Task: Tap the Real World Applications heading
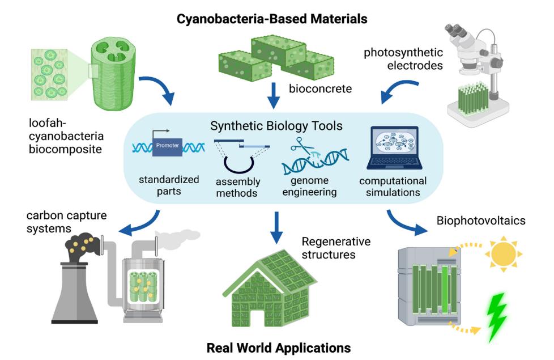point(278,346)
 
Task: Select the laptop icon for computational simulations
point(394,149)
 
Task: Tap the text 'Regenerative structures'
point(336,248)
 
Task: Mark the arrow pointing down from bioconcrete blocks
point(275,95)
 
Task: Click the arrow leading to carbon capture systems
point(139,225)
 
